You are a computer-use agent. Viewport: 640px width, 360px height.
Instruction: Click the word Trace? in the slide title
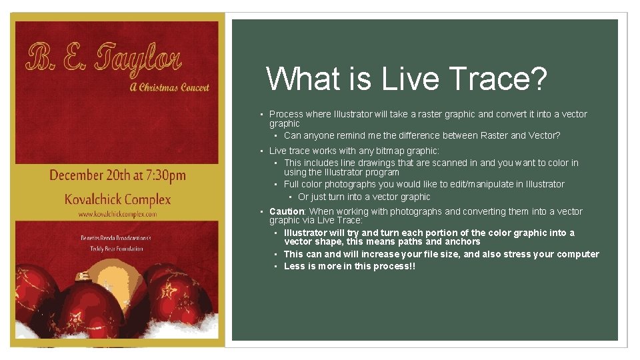pos(495,79)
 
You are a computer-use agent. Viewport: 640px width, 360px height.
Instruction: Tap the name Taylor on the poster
pos(138,59)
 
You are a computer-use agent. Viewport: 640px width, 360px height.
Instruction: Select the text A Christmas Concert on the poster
pos(169,87)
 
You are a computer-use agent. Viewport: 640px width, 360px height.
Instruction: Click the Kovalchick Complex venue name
pos(117,199)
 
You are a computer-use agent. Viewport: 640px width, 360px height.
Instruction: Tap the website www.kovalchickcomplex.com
pos(117,215)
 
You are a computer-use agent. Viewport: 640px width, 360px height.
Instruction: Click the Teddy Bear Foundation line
pos(117,249)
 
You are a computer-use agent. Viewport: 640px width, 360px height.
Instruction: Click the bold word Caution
pos(287,211)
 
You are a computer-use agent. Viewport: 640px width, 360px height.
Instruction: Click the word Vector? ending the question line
pos(544,135)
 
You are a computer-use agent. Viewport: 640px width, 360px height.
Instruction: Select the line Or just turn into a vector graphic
pos(364,197)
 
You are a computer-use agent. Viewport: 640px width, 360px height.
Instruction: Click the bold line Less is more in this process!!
pos(349,266)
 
